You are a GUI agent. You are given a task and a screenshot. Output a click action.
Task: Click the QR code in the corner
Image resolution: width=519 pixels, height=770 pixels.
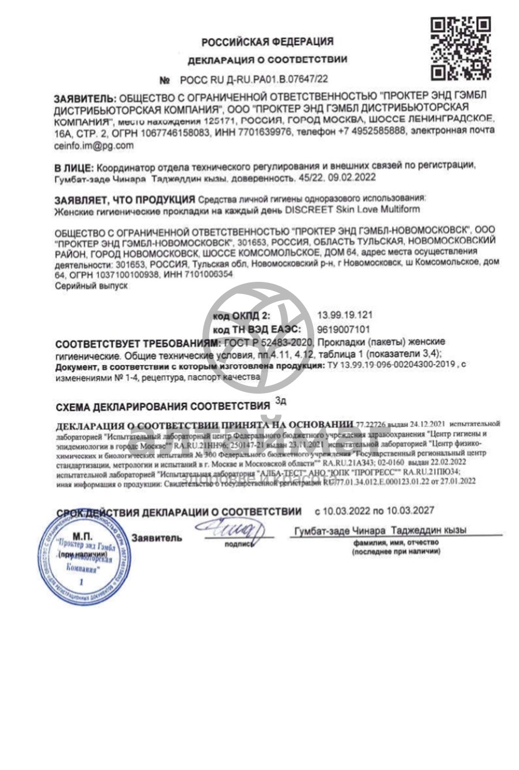point(461,48)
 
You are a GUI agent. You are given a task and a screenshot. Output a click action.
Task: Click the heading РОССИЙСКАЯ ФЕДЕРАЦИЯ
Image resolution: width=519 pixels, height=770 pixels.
point(267,41)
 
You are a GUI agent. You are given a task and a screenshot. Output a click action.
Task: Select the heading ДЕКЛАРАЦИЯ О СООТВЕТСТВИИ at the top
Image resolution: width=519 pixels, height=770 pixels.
point(267,59)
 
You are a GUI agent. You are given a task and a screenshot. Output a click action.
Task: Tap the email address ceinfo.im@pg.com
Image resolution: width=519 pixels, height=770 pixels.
point(93,146)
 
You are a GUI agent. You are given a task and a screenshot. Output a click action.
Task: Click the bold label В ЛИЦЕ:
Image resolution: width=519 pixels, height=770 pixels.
point(73,167)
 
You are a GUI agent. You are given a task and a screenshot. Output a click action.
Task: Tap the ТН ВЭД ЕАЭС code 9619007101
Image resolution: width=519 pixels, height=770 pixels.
point(343,329)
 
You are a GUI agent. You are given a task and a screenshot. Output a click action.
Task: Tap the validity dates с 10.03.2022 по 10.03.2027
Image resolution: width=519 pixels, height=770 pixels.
point(374,511)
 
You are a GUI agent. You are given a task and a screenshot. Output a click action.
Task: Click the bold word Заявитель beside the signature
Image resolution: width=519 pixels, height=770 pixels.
point(157,538)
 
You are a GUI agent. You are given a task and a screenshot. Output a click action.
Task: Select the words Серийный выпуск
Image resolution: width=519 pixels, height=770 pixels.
point(91,286)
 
